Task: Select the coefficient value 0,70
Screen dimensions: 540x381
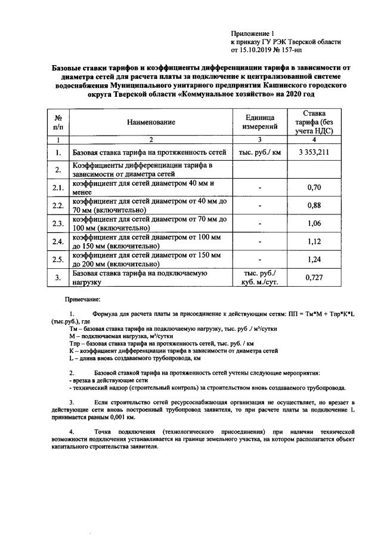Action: click(314, 188)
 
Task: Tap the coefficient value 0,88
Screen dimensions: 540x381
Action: click(314, 205)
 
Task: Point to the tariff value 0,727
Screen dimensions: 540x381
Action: click(314, 277)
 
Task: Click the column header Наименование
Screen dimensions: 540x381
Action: click(151, 122)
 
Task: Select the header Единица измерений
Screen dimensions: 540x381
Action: click(260, 122)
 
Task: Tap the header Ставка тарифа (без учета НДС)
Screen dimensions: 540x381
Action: click(314, 122)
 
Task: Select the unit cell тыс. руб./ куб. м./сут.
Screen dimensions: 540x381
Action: click(260, 277)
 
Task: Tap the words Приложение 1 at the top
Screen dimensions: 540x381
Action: click(251, 33)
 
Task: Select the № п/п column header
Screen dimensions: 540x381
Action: click(58, 122)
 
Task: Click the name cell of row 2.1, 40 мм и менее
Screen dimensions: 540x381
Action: click(143, 188)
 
